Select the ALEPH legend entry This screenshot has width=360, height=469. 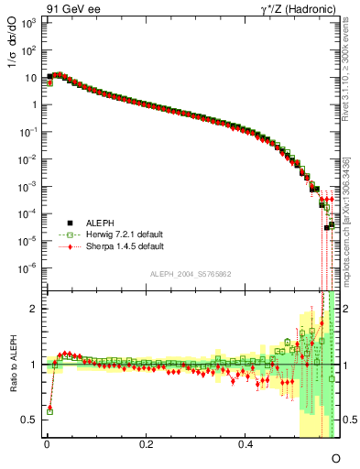pos(98,222)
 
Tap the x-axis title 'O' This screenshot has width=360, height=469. pos(335,457)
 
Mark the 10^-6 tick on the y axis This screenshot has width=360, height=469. pos(28,268)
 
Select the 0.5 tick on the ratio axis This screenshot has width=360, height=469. pos(31,420)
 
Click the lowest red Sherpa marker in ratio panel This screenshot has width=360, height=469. pos(49,407)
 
